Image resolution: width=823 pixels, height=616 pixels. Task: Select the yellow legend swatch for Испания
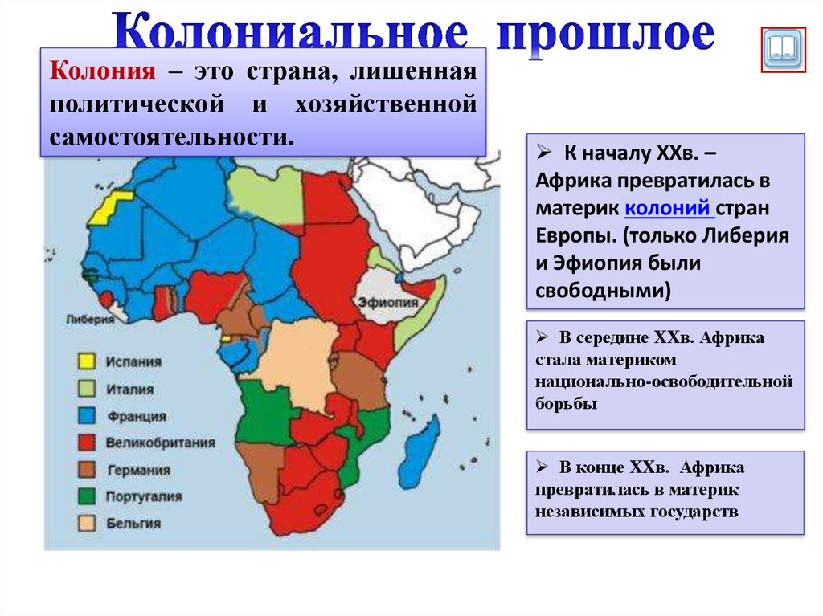point(85,362)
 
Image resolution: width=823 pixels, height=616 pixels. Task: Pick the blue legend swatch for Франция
point(85,416)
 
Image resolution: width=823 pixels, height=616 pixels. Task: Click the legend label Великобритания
point(160,443)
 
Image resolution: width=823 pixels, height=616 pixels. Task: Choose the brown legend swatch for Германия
point(85,470)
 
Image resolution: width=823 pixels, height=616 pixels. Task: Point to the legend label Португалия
point(144,497)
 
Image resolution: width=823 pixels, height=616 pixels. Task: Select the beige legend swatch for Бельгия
point(85,524)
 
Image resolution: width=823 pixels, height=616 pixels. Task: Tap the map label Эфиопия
point(389,303)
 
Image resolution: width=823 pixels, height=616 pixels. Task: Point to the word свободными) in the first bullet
point(603,290)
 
